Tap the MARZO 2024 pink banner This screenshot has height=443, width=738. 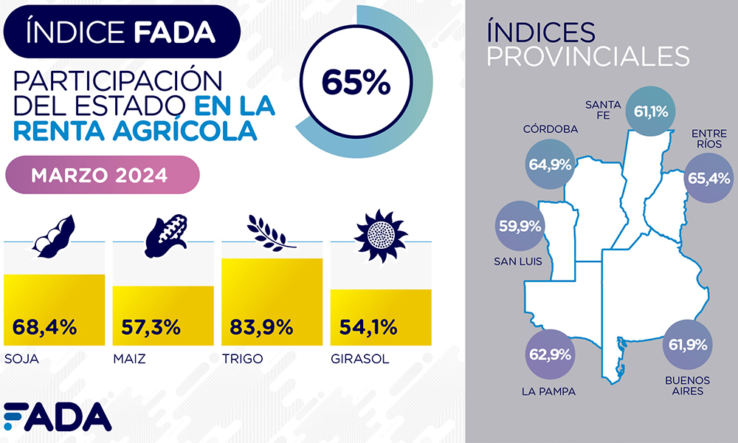(103, 176)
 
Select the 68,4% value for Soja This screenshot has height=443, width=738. (45, 326)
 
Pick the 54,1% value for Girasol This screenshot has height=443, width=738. (369, 326)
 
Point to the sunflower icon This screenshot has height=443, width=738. (381, 233)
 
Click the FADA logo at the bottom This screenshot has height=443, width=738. (58, 417)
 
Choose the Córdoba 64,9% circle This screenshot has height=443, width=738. (550, 165)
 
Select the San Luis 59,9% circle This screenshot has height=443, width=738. (520, 226)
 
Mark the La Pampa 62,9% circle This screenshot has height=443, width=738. (550, 354)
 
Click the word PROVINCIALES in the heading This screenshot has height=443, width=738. (588, 56)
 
